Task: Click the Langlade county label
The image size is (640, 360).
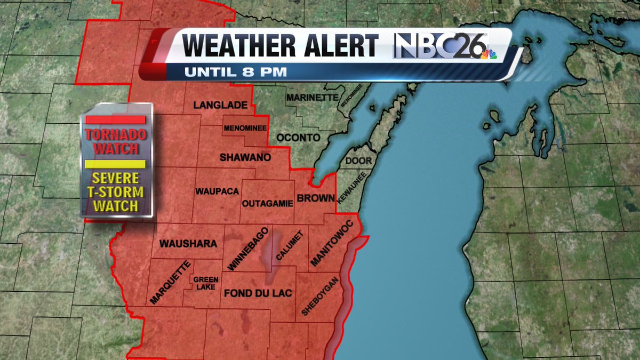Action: [x=220, y=106]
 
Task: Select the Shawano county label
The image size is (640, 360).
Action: [x=245, y=157]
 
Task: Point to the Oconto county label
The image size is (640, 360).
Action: [x=298, y=138]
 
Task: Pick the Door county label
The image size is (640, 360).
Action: [x=358, y=161]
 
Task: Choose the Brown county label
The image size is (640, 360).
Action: [x=315, y=198]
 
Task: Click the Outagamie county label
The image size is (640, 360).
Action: [x=266, y=203]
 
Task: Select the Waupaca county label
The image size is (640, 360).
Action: [x=217, y=191]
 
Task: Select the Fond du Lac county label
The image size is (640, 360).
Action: [x=258, y=293]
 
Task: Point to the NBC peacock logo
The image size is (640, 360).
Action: [x=487, y=53]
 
